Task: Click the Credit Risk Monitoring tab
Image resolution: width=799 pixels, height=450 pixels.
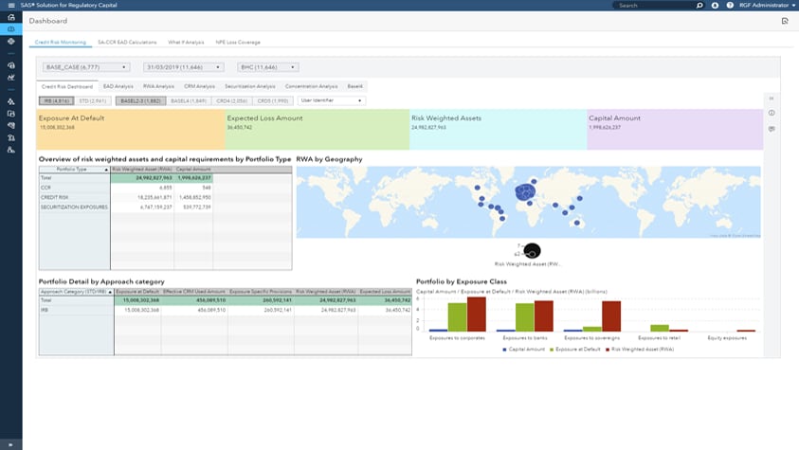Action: click(x=60, y=43)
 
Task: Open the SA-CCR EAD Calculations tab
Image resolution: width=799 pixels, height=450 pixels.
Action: click(x=127, y=43)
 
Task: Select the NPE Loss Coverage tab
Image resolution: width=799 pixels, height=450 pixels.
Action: click(x=238, y=43)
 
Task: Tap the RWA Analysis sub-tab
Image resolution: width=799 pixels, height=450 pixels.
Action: click(x=158, y=86)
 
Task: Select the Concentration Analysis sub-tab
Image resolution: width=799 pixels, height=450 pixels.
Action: click(x=311, y=86)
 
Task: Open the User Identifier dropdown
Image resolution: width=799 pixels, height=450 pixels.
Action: click(x=331, y=100)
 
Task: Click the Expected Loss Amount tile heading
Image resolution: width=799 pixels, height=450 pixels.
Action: click(x=264, y=118)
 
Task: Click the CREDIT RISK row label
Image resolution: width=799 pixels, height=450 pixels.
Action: click(x=54, y=197)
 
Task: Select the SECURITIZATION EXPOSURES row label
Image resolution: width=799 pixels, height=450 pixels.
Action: click(x=73, y=207)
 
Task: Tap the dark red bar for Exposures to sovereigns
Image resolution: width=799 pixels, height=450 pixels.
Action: click(x=611, y=315)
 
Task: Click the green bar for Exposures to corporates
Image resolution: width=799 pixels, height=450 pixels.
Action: click(x=457, y=316)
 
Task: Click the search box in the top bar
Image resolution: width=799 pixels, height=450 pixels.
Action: click(x=652, y=6)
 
